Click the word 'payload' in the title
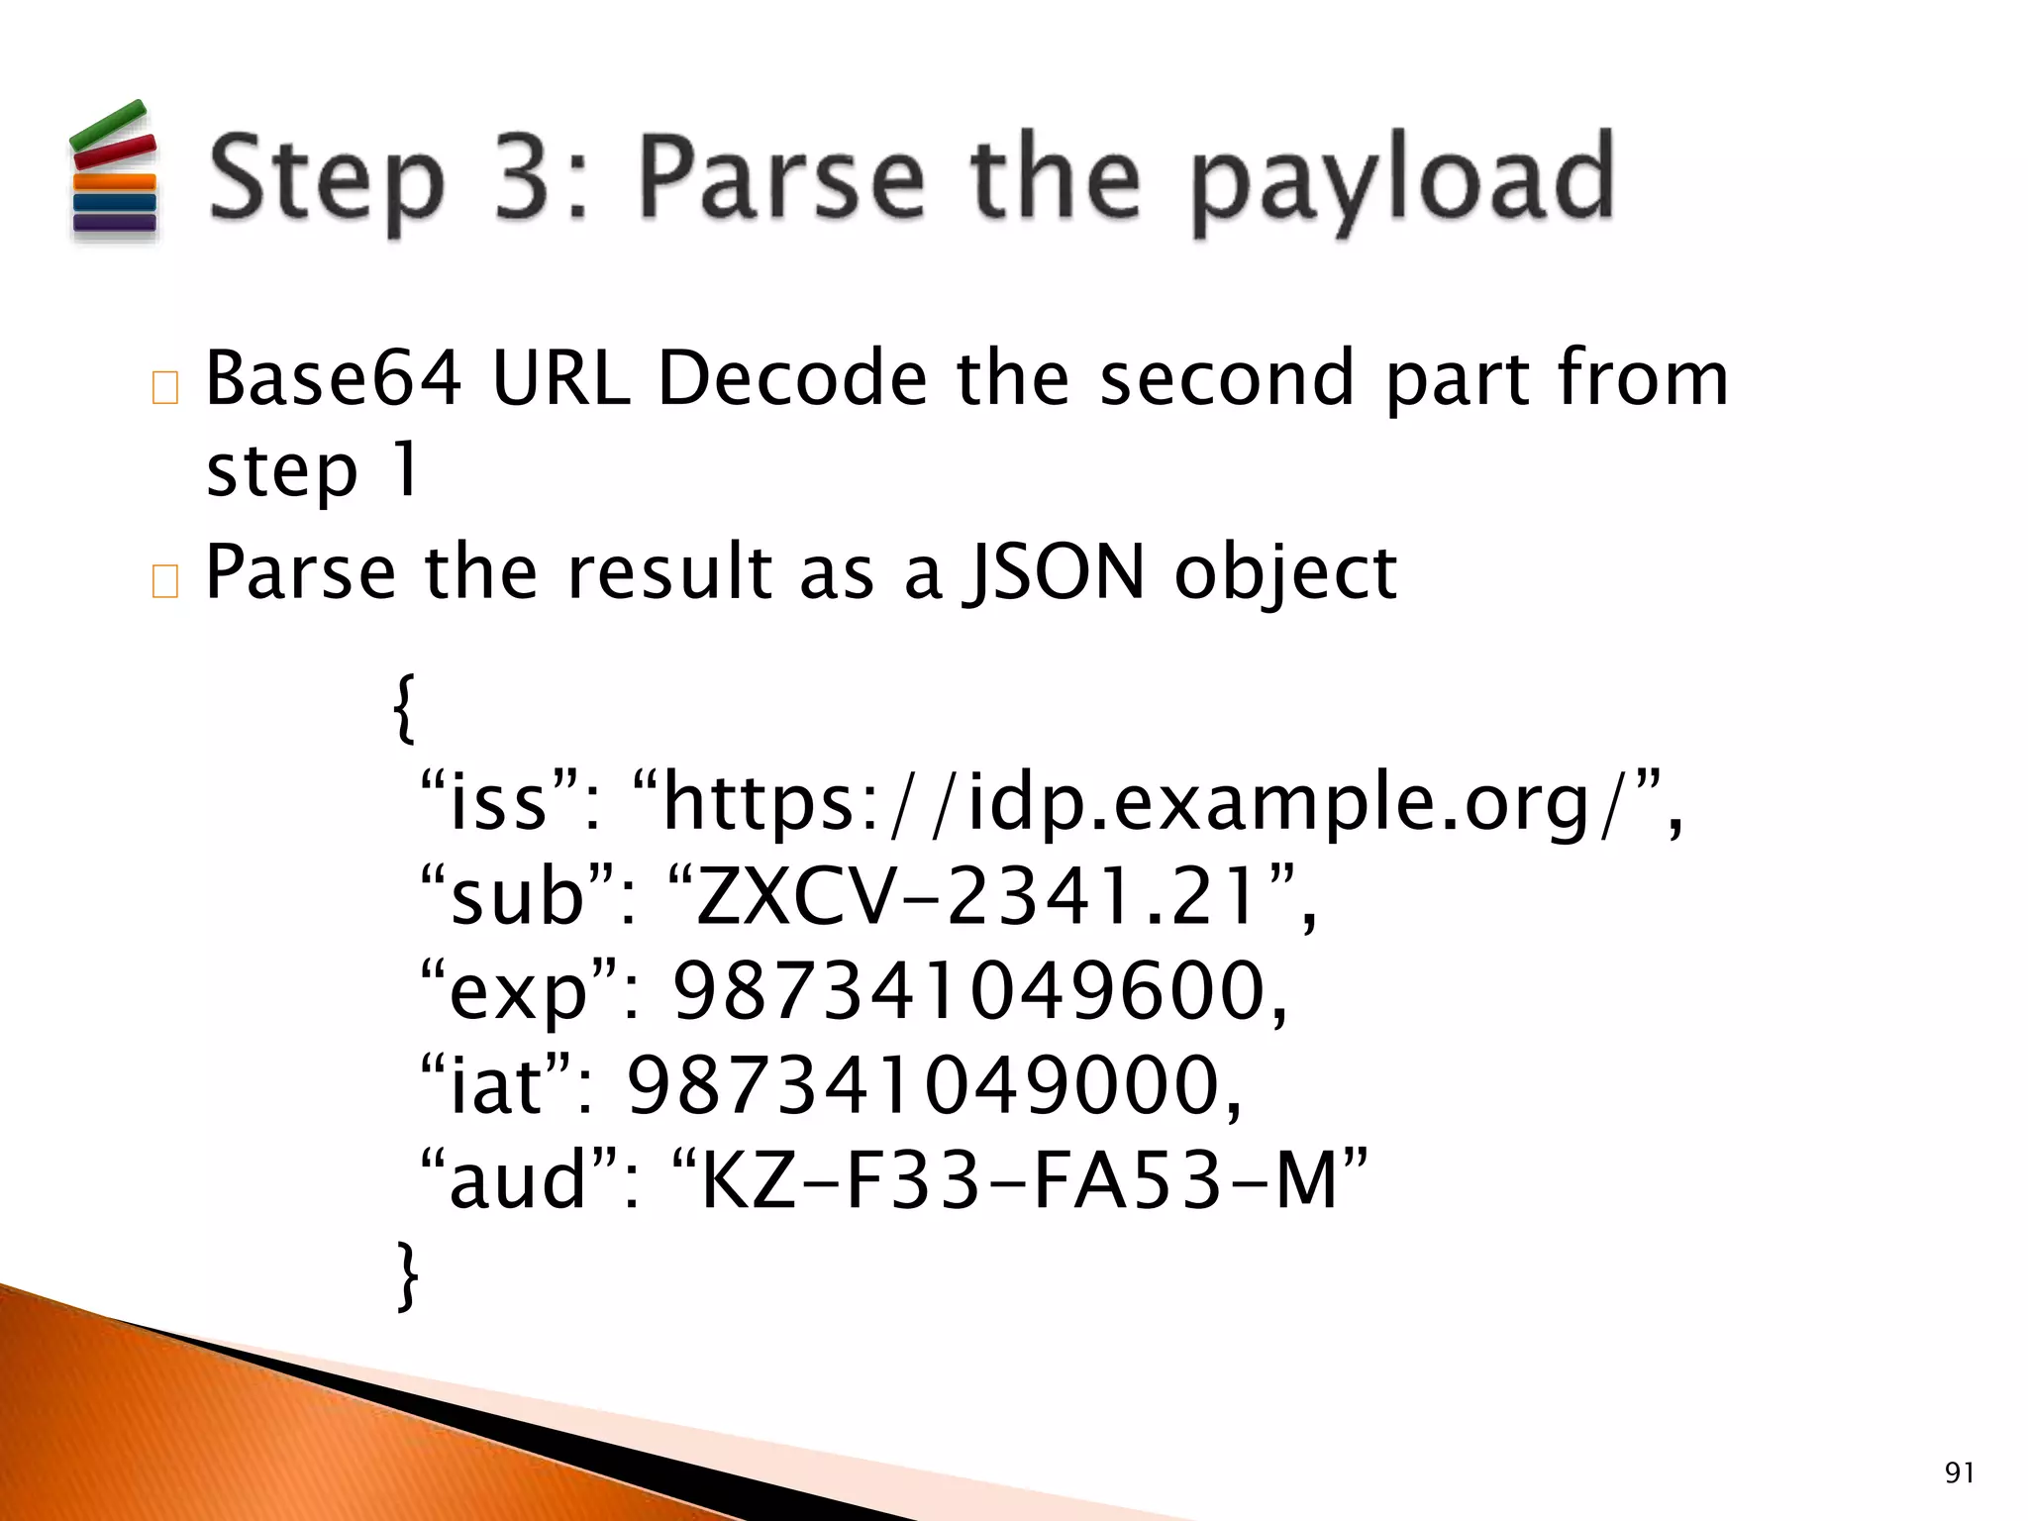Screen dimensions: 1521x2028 pyautogui.click(x=1402, y=180)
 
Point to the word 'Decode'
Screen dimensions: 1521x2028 pyautogui.click(x=792, y=378)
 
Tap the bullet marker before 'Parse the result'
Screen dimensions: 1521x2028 pyautogui.click(x=165, y=581)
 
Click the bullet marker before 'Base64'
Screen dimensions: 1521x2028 pyautogui.click(x=165, y=387)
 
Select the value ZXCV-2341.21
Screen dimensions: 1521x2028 pyautogui.click(x=980, y=895)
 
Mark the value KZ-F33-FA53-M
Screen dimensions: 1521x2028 pyautogui.click(x=1020, y=1179)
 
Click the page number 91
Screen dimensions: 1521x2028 pyautogui.click(x=1959, y=1472)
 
